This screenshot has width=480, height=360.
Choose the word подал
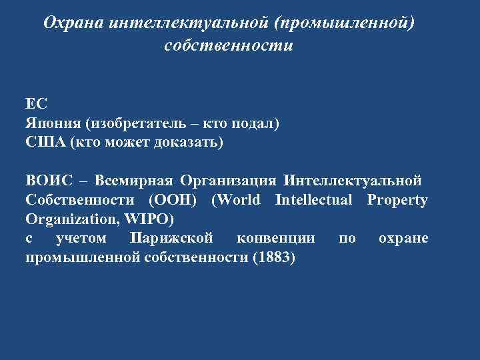[x=258, y=124]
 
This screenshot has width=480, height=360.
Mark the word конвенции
[x=273, y=238]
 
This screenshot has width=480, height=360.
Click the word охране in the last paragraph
[x=403, y=238]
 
